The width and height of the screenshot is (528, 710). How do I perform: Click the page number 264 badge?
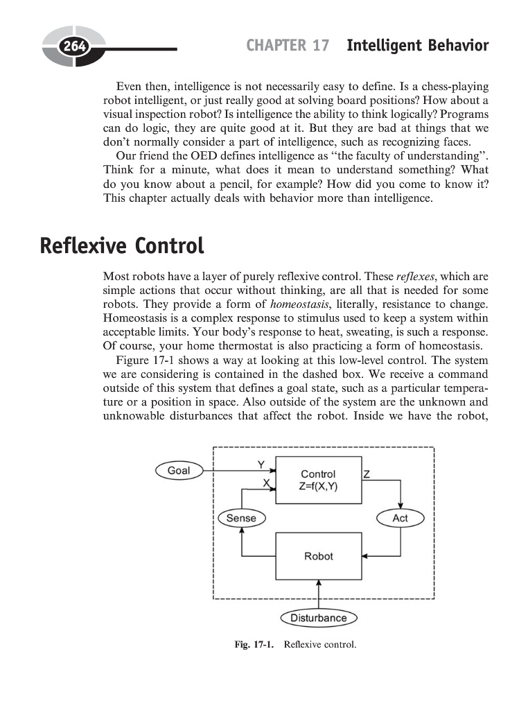[71, 47]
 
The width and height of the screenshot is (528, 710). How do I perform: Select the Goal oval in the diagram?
[178, 471]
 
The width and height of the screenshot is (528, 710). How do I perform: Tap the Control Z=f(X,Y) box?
[318, 480]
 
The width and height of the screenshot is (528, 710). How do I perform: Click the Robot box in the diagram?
[318, 556]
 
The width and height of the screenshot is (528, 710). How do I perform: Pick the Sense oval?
[241, 518]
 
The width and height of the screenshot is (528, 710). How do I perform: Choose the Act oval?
[400, 518]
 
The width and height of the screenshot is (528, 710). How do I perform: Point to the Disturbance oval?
[318, 618]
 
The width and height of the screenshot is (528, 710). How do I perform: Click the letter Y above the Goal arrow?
[261, 463]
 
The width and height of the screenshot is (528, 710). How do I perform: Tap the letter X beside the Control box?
[265, 483]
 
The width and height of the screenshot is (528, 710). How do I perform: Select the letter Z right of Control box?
[367, 475]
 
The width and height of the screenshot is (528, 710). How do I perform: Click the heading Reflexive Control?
[122, 246]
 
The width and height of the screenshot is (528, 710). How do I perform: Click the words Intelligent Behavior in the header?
[417, 46]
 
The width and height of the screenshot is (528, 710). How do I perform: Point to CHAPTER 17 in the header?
[287, 46]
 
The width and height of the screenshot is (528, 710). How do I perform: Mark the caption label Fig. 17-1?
[254, 646]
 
